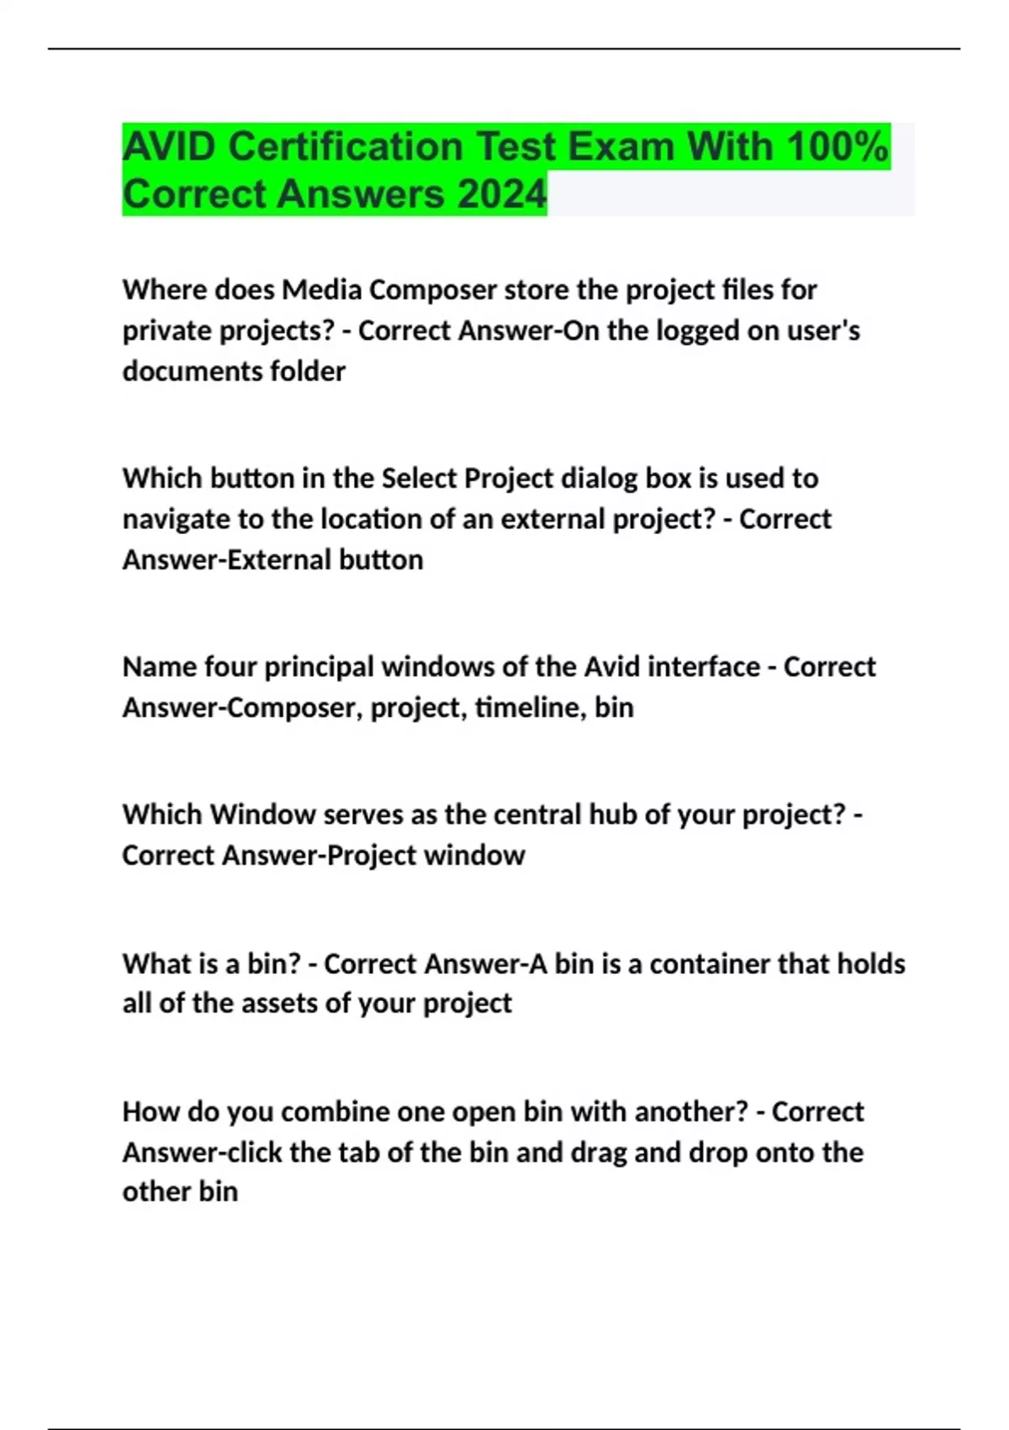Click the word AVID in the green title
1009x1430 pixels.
point(169,147)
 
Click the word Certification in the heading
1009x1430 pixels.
point(346,147)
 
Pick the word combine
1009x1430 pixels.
point(334,1112)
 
